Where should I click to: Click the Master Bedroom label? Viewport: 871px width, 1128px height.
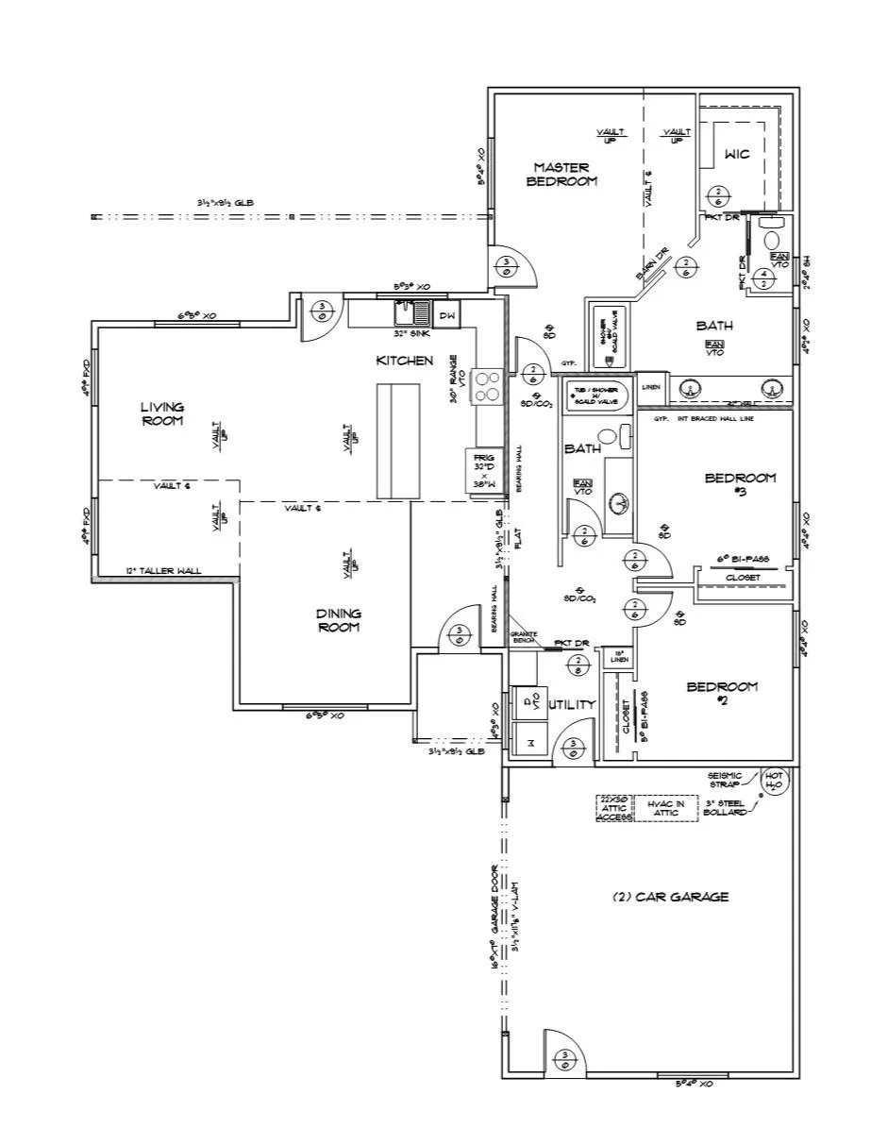coord(561,174)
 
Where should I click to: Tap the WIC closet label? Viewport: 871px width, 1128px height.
coord(737,154)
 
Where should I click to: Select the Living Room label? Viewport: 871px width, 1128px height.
coord(162,413)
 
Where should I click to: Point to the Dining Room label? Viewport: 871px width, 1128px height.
coord(339,620)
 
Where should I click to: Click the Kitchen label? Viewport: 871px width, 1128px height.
coord(405,361)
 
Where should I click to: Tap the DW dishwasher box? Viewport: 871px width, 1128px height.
coord(448,315)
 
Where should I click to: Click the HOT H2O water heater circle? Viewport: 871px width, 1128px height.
coord(774,782)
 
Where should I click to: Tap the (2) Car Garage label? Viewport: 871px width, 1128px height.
coord(670,897)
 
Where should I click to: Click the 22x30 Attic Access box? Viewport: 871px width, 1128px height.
coord(613,808)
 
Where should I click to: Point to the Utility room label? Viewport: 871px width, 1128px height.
coord(572,704)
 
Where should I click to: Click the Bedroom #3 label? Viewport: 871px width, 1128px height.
coord(741,483)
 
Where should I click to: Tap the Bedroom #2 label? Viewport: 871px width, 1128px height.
coord(721,693)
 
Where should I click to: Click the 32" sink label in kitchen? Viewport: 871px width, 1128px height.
coord(412,333)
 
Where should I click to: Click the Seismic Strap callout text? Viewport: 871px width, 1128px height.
coord(725,781)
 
